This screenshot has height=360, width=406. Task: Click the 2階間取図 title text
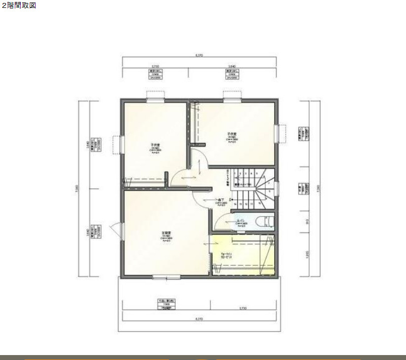(19, 5)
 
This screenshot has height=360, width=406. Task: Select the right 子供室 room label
(232, 134)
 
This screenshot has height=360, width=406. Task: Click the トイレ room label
(242, 221)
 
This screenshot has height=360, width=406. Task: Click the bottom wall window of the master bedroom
(166, 278)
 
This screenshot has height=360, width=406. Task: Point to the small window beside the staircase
(276, 188)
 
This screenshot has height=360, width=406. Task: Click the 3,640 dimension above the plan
(232, 66)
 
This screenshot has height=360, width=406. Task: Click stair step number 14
(235, 203)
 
